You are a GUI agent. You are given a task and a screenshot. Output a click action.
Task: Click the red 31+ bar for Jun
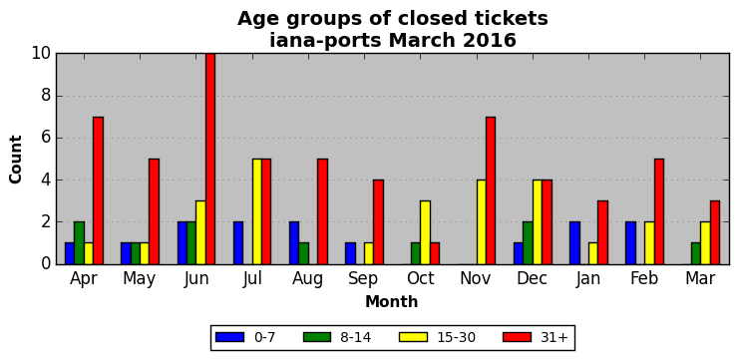click(209, 159)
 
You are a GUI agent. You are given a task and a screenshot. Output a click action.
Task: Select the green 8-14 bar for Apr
click(79, 243)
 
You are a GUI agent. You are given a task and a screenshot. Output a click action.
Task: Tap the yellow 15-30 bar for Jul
click(257, 211)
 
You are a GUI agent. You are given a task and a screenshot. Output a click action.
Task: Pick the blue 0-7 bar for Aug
click(294, 243)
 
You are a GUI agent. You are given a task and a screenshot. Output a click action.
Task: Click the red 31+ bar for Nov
click(491, 190)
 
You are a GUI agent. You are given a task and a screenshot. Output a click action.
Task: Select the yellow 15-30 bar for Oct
click(425, 232)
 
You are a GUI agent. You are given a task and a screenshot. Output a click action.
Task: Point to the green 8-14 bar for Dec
click(528, 243)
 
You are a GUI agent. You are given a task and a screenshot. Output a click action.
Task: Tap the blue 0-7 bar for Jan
click(574, 243)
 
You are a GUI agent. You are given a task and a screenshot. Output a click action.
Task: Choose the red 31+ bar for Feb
click(659, 211)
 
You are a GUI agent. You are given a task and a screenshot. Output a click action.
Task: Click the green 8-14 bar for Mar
click(696, 253)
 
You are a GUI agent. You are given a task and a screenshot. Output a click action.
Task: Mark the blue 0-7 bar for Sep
click(350, 253)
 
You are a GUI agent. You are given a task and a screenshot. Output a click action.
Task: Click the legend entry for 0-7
click(245, 337)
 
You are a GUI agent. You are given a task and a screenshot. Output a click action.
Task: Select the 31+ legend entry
click(536, 337)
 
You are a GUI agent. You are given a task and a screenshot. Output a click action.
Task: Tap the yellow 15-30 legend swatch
click(413, 337)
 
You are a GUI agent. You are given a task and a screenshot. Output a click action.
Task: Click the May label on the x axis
click(139, 278)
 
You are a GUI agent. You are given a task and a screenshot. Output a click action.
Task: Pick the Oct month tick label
click(420, 278)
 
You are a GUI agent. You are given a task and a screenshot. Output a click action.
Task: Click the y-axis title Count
click(16, 160)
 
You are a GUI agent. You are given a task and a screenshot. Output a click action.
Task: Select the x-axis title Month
click(392, 301)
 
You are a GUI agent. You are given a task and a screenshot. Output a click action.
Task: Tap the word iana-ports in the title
click(325, 41)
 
